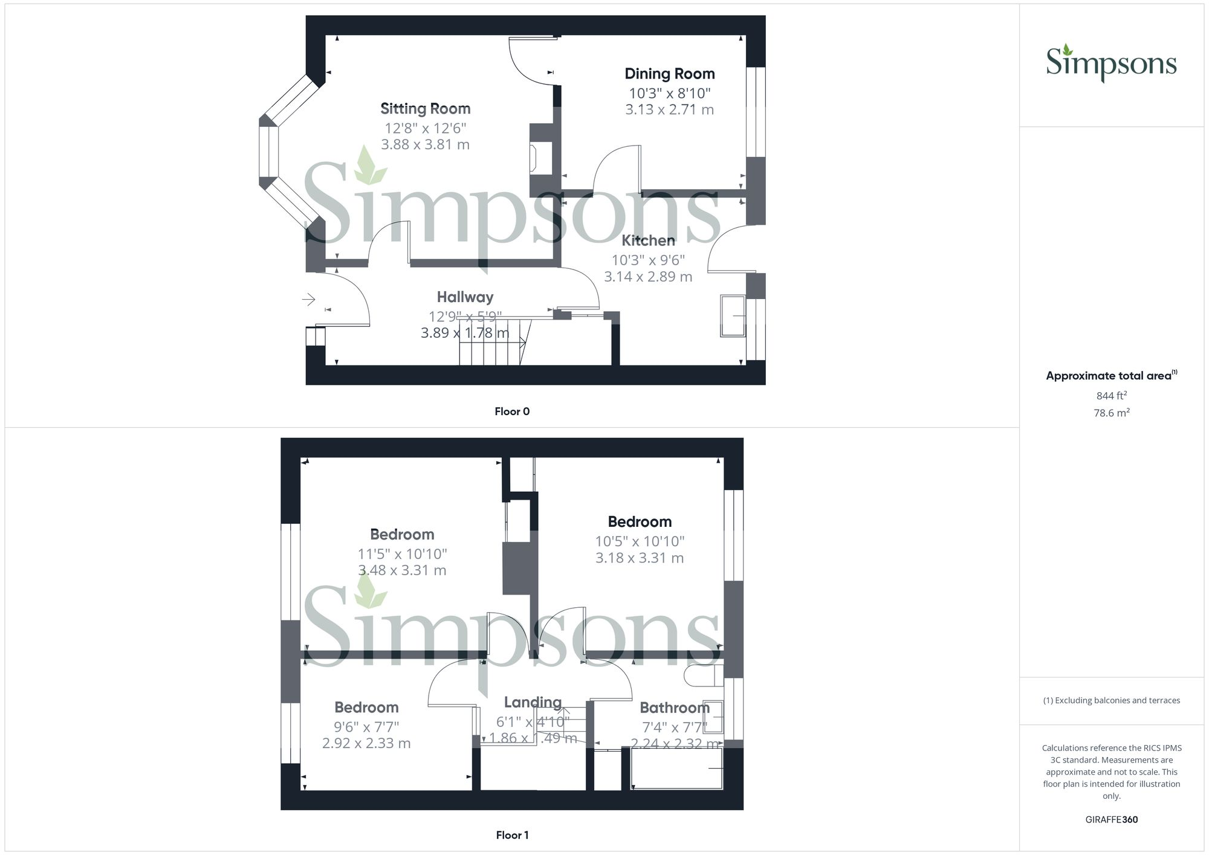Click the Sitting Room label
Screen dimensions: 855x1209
click(425, 109)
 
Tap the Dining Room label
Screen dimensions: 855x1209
click(669, 74)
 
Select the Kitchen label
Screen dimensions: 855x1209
click(648, 240)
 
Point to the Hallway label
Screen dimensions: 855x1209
click(465, 297)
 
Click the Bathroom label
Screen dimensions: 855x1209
click(674, 708)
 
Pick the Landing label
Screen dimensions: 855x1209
click(533, 702)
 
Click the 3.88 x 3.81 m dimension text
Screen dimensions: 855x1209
click(425, 144)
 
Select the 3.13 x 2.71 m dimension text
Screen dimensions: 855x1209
click(669, 109)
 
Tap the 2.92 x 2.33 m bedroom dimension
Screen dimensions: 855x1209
click(366, 743)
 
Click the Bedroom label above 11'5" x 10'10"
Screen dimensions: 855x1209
click(402, 534)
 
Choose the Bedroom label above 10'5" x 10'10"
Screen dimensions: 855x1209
click(640, 521)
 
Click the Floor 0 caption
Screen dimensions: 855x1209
click(512, 411)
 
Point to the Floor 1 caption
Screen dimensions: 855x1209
click(512, 835)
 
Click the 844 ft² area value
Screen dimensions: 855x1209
click(1111, 396)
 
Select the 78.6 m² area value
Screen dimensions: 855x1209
click(1111, 413)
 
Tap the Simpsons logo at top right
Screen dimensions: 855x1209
click(1111, 63)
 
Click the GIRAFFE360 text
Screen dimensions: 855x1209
click(1111, 819)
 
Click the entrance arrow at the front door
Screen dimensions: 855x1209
click(309, 299)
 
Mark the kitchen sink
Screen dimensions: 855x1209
click(733, 315)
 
